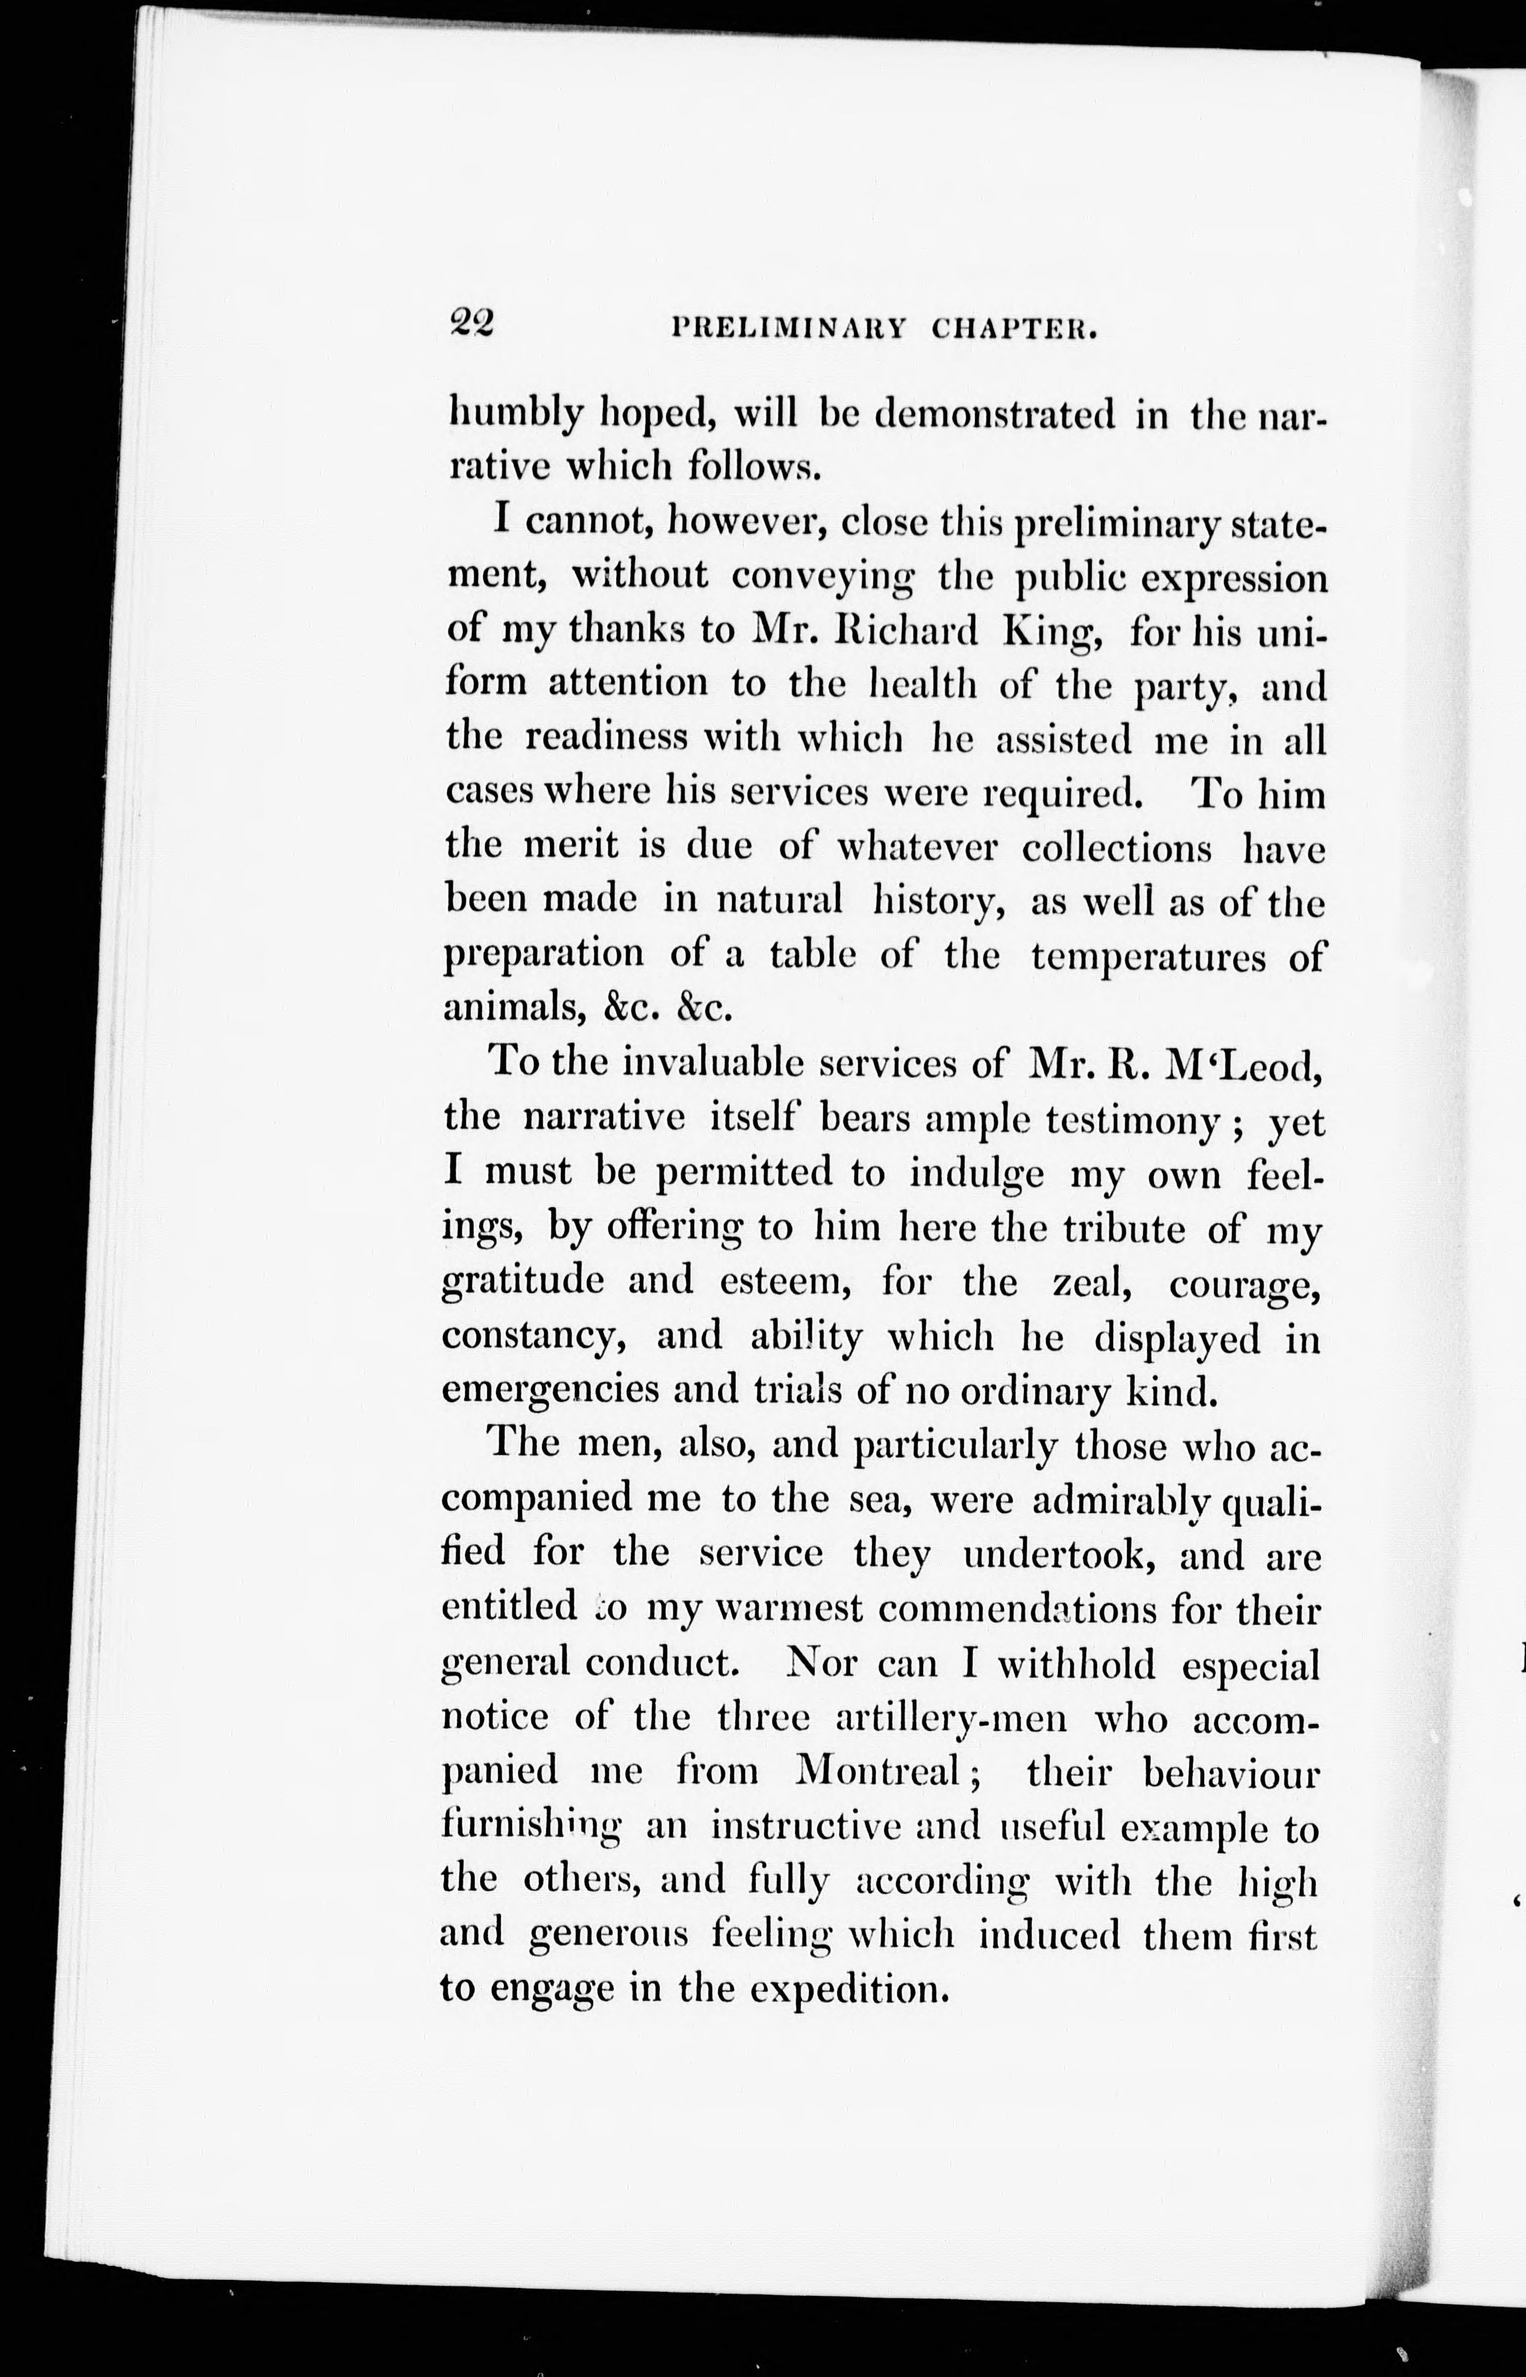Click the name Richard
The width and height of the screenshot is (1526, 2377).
tap(906, 630)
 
